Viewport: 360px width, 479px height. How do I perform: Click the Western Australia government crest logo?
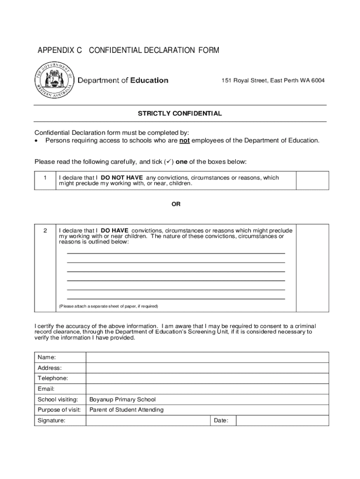click(54, 81)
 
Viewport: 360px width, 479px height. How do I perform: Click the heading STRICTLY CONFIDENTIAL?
click(180, 114)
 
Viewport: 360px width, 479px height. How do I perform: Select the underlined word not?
click(185, 140)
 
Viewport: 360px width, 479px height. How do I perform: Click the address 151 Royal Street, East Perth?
click(273, 80)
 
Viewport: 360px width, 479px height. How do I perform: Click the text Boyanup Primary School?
click(122, 399)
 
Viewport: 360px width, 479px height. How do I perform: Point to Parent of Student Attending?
click(126, 410)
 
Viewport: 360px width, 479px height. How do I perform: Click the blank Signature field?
click(148, 421)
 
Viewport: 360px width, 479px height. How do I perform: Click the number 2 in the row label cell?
click(45, 231)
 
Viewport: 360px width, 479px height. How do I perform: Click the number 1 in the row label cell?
click(45, 178)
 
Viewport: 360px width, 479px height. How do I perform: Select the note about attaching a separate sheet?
click(108, 306)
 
